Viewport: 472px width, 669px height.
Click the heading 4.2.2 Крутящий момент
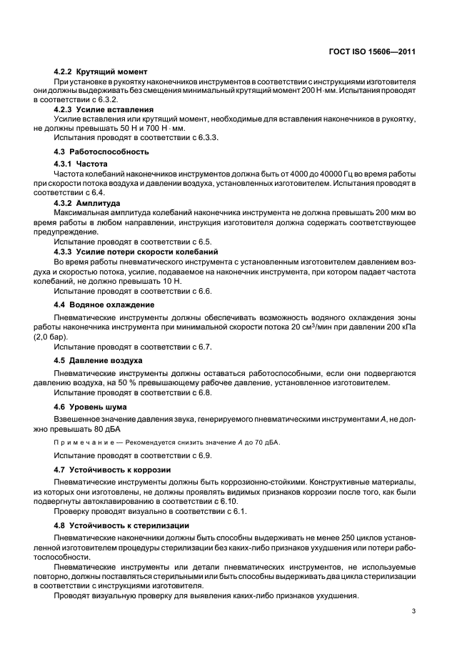pos(101,71)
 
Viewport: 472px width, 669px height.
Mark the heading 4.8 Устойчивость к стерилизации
pos(121,525)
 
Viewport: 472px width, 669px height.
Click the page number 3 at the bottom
pos(413,611)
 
